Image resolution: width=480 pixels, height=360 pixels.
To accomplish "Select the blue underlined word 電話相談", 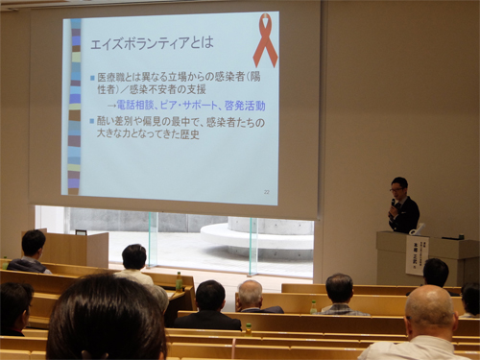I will click(139, 106).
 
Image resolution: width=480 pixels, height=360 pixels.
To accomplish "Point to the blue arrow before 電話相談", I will click(110, 106).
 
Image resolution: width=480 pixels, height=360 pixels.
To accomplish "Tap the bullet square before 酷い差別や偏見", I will click(92, 121).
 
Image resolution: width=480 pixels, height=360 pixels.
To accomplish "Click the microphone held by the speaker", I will click(393, 203).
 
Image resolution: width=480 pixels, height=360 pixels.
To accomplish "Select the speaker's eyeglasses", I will click(397, 189).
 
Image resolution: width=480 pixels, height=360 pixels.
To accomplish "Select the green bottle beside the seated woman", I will click(179, 281).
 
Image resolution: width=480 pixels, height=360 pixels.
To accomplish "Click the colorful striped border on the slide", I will click(74, 106).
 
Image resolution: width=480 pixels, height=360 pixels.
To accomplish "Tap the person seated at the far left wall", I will click(32, 252).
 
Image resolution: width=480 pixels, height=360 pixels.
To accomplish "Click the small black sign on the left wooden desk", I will click(81, 231).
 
